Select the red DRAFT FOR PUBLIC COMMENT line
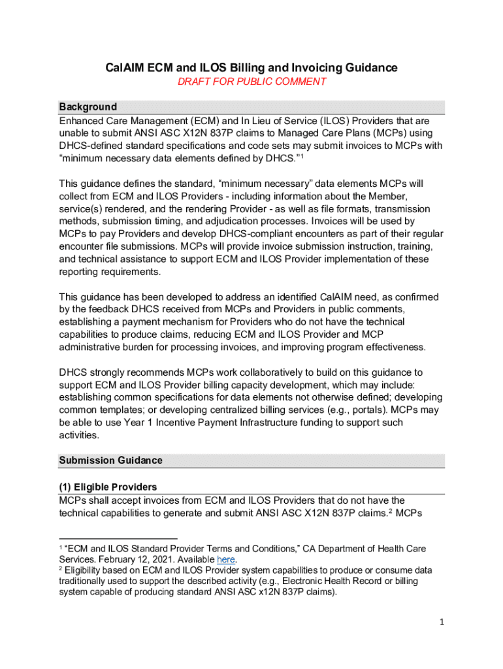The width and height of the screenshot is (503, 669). (x=252, y=82)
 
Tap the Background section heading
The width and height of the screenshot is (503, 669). (x=88, y=106)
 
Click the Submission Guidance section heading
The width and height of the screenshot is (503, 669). (x=110, y=460)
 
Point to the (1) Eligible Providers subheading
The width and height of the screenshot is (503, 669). (x=108, y=487)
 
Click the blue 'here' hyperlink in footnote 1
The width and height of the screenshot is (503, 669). (x=226, y=560)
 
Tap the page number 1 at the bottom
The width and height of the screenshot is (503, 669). (x=442, y=622)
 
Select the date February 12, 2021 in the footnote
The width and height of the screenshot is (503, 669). (x=140, y=560)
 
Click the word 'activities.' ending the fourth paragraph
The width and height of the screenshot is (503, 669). (x=79, y=434)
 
